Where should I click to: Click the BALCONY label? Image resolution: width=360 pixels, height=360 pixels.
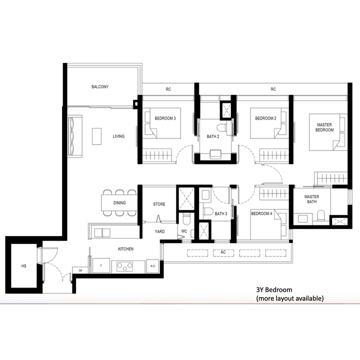click(x=100, y=87)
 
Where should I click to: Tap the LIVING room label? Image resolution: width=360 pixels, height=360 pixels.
click(x=118, y=136)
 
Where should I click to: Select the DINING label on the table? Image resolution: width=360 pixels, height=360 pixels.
click(x=119, y=202)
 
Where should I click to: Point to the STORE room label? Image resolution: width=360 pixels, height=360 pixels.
click(x=159, y=204)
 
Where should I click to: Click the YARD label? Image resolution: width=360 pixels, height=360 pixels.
click(x=159, y=231)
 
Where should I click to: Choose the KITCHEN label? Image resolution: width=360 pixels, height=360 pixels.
click(x=125, y=249)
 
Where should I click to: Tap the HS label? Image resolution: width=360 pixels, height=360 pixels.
click(x=23, y=266)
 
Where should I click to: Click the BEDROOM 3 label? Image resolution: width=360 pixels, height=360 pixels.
click(x=165, y=118)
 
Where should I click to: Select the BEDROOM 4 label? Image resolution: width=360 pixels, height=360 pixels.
click(x=261, y=214)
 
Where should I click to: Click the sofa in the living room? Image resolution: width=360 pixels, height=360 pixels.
click(x=73, y=136)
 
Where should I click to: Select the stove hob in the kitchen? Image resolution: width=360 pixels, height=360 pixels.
click(x=124, y=266)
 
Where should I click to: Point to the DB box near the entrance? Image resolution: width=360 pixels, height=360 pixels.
click(x=80, y=270)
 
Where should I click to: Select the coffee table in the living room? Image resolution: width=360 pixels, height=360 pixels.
click(x=97, y=136)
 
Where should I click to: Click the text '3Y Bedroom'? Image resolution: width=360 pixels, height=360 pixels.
click(x=273, y=290)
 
